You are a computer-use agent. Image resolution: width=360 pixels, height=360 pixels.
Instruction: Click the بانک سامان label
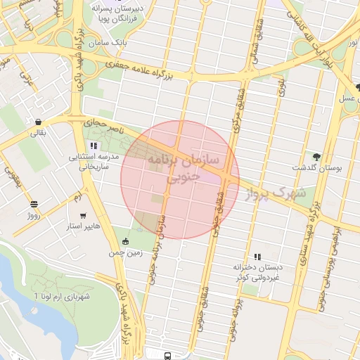pyautogui.click(x=110, y=44)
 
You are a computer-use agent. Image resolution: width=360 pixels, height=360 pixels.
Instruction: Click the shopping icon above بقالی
pyautogui.click(x=37, y=121)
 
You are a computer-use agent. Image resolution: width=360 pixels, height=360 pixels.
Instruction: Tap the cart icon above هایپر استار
pyautogui.click(x=84, y=216)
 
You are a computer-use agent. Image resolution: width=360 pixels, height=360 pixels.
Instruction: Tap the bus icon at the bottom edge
pyautogui.click(x=167, y=355)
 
